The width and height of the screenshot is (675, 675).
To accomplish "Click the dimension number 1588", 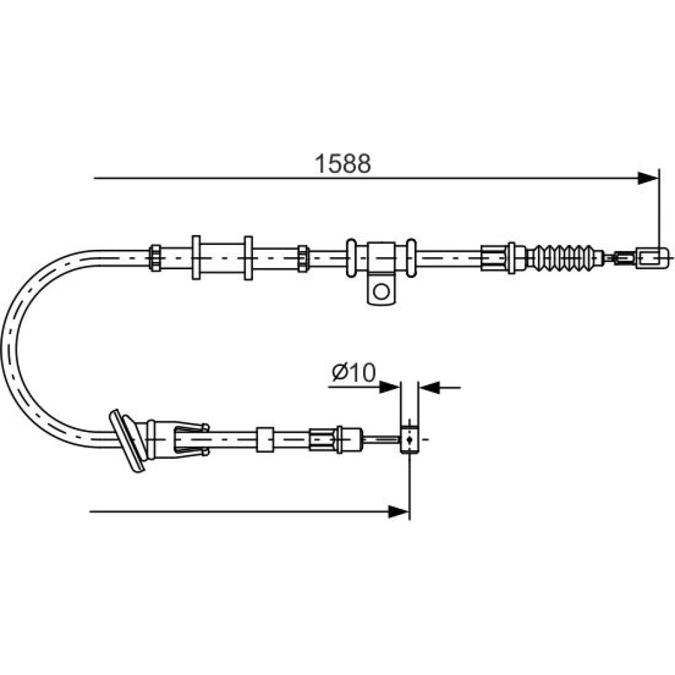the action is (x=343, y=163).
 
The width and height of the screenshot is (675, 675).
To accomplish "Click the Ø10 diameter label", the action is (x=354, y=373).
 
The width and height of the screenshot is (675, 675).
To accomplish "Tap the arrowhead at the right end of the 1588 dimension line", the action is (x=647, y=178).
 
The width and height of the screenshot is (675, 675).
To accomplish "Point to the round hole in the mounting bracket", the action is (x=381, y=292).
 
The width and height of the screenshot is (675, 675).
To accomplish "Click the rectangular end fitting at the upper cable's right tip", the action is (x=652, y=258).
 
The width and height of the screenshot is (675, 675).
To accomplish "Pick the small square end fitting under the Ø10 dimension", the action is (x=409, y=439).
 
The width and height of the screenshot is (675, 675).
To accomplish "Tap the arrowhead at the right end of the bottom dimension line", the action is (x=398, y=512).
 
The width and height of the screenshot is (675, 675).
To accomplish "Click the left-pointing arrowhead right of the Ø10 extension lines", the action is (x=429, y=387).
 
